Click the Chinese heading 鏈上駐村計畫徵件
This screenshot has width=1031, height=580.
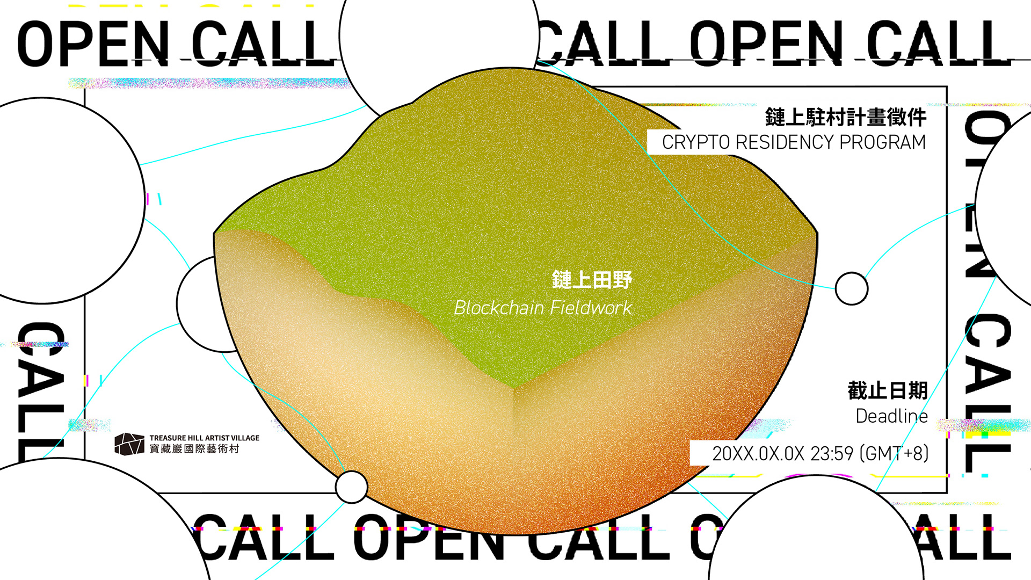[x=845, y=117]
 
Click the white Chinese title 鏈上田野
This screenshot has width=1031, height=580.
[x=592, y=280]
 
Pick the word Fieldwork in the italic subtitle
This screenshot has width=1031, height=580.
[x=591, y=308]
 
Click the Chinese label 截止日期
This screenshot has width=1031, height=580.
[x=888, y=390]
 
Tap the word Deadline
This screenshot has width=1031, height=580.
[x=891, y=416]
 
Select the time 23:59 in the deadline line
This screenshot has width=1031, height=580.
[x=832, y=454]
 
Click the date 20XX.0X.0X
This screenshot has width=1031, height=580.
[x=758, y=454]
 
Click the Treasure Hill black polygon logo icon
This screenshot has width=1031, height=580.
[x=129, y=444]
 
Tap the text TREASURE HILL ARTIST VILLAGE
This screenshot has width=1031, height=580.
[x=204, y=438]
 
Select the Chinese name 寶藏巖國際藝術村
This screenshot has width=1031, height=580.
[x=194, y=449]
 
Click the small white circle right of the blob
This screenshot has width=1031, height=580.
[x=852, y=288]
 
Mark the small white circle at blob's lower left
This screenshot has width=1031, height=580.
[x=351, y=487]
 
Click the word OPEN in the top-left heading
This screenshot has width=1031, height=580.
[x=93, y=44]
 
